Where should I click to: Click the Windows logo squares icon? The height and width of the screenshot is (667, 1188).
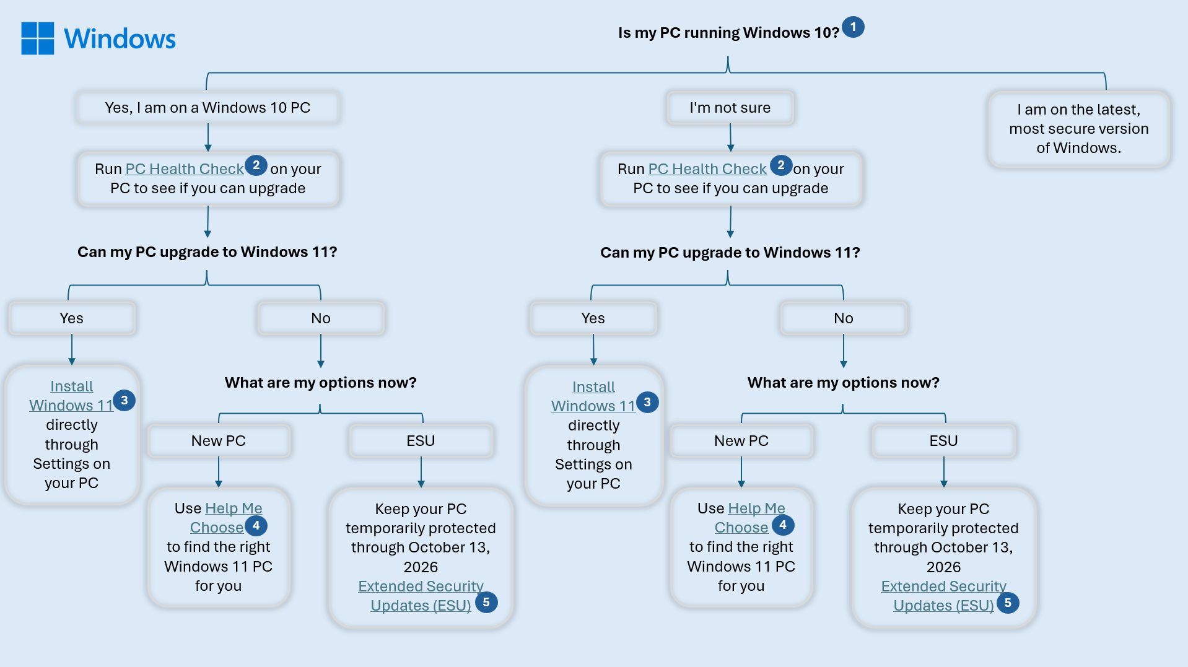click(38, 38)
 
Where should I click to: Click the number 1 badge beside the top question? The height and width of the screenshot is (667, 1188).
click(853, 27)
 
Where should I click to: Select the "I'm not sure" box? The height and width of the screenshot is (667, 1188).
click(730, 108)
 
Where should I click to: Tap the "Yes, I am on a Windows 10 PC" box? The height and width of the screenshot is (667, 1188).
click(207, 108)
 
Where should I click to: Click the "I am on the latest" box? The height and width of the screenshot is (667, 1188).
click(1078, 129)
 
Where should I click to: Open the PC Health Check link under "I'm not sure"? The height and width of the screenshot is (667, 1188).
click(707, 169)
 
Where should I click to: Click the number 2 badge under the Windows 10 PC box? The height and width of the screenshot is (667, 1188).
click(256, 165)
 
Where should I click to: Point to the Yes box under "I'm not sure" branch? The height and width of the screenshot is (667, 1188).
click(593, 318)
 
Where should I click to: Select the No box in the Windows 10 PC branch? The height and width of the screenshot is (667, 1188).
click(321, 318)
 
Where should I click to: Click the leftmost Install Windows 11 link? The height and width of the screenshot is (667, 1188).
click(71, 396)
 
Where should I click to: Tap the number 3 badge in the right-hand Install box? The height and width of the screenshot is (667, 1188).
click(647, 403)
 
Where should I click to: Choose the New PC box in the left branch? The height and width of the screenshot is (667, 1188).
click(218, 441)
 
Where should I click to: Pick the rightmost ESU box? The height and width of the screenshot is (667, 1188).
click(943, 441)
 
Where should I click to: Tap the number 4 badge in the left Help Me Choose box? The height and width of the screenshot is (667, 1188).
click(256, 526)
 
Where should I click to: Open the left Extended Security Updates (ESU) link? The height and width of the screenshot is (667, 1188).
click(421, 596)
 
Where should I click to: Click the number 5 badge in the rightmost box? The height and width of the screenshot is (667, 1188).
click(1008, 603)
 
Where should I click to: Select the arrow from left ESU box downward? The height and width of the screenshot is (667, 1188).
click(421, 473)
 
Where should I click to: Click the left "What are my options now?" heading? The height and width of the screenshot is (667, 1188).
click(320, 383)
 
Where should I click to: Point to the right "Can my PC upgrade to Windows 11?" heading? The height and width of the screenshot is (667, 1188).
click(730, 253)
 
